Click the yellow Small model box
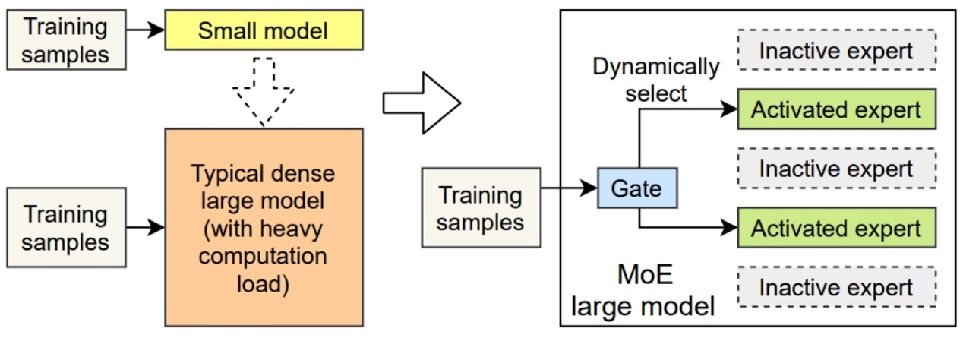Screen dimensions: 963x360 click(x=264, y=30)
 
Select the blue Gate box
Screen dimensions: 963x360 click(x=637, y=188)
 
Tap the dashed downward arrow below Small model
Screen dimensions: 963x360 click(x=264, y=92)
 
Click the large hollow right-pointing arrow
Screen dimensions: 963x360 click(x=422, y=103)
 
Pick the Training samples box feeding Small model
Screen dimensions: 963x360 click(x=67, y=39)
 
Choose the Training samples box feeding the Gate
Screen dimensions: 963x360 click(x=482, y=208)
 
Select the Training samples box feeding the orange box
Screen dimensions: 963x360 click(x=67, y=228)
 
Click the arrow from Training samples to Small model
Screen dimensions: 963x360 click(x=145, y=30)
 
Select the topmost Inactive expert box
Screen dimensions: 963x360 click(x=837, y=50)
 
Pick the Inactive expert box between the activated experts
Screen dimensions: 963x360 click(x=837, y=168)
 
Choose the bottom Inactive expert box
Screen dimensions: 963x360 click(x=837, y=287)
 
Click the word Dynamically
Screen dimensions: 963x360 click(x=656, y=68)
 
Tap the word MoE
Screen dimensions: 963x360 click(x=645, y=274)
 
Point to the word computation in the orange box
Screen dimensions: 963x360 click(x=263, y=257)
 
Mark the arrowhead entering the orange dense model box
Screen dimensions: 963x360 click(x=156, y=228)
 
